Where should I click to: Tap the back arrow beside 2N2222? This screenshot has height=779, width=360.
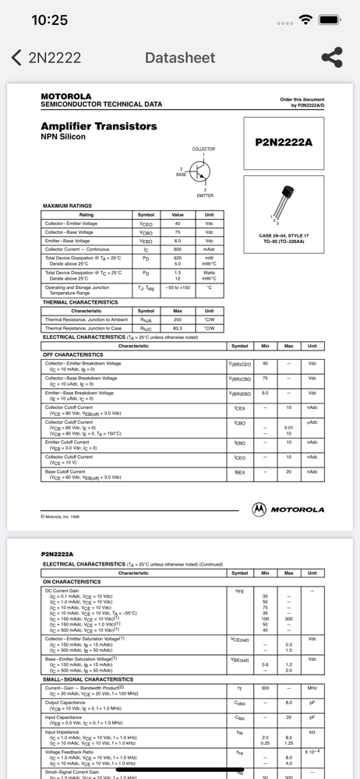[x=16, y=58]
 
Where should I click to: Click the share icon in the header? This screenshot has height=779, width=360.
[x=332, y=57]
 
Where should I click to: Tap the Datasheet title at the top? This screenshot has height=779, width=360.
[x=179, y=58]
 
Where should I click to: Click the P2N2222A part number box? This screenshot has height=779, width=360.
[x=284, y=143]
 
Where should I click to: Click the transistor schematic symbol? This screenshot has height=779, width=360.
[x=201, y=171]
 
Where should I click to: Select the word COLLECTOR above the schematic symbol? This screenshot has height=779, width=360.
[x=203, y=149]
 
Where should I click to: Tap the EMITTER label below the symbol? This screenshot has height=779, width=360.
[x=205, y=196]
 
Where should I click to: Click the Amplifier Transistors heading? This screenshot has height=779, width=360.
[x=98, y=126]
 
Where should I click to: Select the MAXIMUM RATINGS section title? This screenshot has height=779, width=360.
[x=67, y=206]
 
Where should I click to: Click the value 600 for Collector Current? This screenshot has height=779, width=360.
[x=178, y=249]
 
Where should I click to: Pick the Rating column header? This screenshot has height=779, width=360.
[x=86, y=215]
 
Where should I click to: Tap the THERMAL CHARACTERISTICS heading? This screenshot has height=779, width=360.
[x=80, y=302]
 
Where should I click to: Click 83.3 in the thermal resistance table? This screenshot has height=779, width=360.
[x=178, y=328]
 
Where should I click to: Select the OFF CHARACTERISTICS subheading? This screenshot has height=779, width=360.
[x=72, y=354]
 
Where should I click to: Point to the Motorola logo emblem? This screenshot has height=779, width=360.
[x=259, y=509]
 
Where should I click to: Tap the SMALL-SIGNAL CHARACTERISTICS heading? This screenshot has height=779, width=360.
[x=87, y=679]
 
